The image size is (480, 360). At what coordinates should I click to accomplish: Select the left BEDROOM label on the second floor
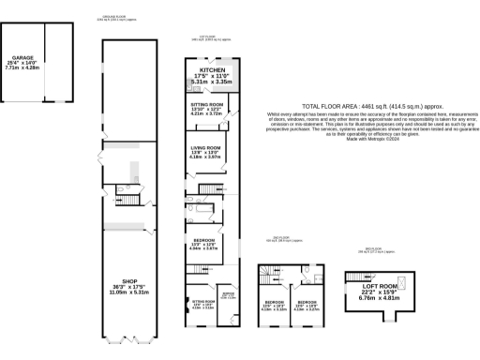(x=273, y=276)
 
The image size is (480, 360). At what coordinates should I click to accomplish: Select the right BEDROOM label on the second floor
(x=309, y=276)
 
